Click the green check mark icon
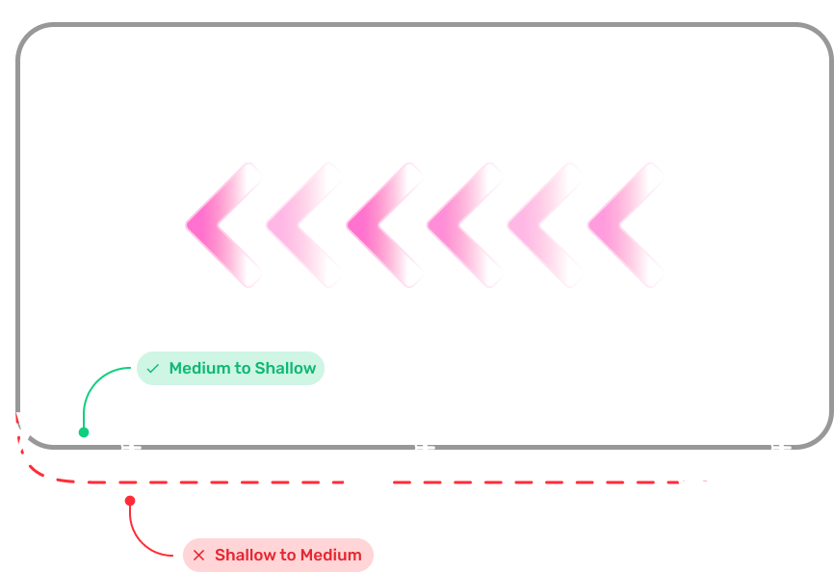pos(153,369)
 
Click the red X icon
pos(199,556)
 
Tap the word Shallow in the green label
pos(285,369)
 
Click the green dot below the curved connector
pos(84,432)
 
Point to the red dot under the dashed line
pos(130,501)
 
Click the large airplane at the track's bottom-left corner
pos(23,432)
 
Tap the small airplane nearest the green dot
pos(130,447)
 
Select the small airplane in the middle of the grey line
pos(424,447)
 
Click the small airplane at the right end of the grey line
pos(780,447)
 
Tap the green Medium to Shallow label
pos(230,369)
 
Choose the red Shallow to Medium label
pos(277,556)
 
